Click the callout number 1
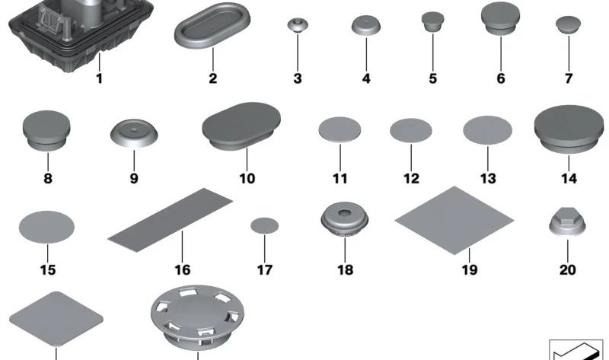[100, 78]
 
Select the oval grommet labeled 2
[212, 26]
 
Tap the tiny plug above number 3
[298, 24]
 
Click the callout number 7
[569, 78]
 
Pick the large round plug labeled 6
[501, 18]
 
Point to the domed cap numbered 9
[134, 133]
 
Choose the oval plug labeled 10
[241, 125]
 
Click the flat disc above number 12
[411, 130]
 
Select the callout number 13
[488, 179]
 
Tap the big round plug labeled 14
[569, 129]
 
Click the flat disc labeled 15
[46, 227]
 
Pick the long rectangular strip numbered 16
[170, 220]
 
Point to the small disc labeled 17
[264, 225]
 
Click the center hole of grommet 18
[343, 213]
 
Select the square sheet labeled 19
[454, 220]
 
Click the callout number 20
[567, 270]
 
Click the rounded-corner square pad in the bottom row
[56, 318]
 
